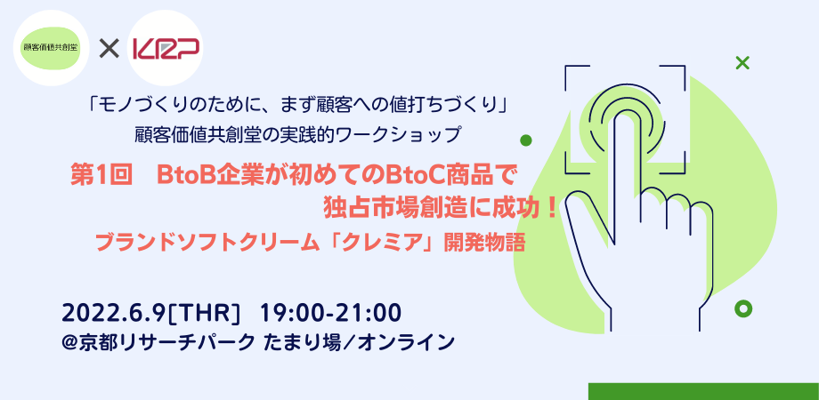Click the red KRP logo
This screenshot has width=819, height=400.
(166, 49)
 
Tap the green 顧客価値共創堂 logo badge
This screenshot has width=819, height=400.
(52, 47)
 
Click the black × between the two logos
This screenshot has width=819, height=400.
(109, 49)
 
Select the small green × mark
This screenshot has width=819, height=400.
(742, 63)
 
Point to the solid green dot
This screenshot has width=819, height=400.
(526, 140)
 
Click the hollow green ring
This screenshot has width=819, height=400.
(742, 308)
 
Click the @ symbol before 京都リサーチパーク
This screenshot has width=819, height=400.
(69, 342)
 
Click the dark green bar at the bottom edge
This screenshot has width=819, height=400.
(703, 392)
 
